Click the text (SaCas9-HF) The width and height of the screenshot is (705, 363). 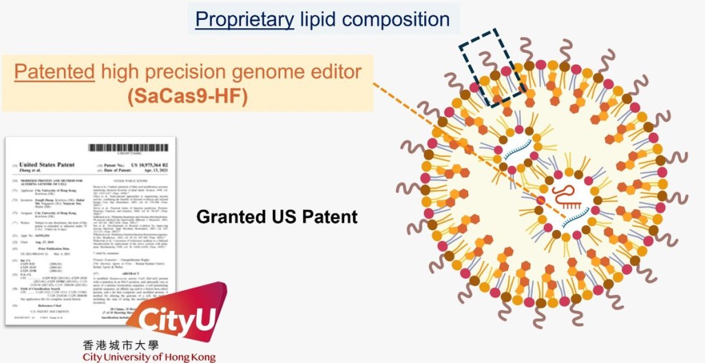tap(187, 96)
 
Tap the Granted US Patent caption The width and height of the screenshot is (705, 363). tap(277, 216)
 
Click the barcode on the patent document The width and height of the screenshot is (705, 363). tap(127, 149)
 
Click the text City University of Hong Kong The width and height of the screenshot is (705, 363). tap(149, 357)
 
